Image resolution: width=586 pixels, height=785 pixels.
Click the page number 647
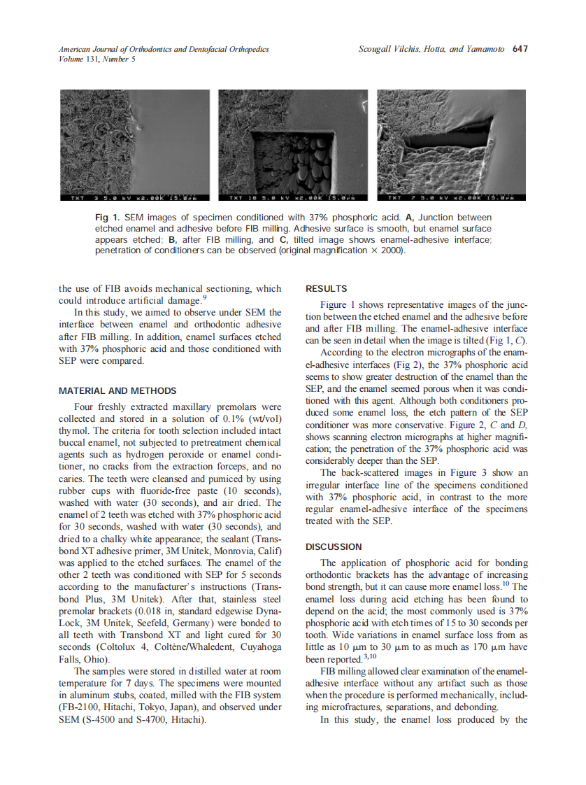(x=520, y=49)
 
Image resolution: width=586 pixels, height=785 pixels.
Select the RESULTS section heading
(x=327, y=288)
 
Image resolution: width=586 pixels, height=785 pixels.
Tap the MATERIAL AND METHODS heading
(x=117, y=390)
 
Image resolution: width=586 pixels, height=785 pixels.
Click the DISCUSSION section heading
(x=334, y=546)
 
